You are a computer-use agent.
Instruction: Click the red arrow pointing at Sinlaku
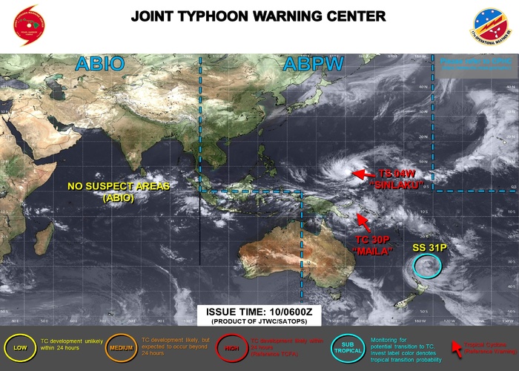pos(363,174)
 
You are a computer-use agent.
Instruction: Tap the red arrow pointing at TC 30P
pos(362,220)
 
